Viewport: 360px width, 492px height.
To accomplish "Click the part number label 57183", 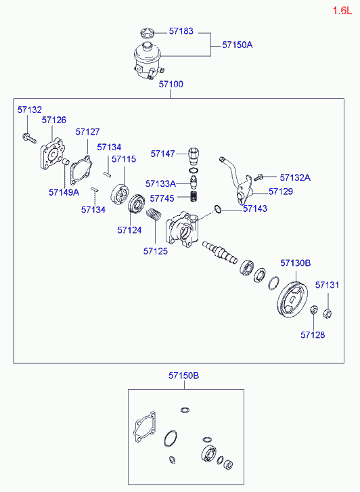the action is (181, 31).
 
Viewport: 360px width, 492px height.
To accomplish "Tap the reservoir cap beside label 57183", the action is (147, 32).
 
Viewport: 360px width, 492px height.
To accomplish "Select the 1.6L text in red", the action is (342, 11).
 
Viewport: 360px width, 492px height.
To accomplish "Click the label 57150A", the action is (238, 45).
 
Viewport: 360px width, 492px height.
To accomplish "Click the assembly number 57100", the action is (171, 84).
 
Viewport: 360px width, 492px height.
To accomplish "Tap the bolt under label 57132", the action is (29, 138).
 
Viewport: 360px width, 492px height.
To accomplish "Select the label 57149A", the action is (64, 192).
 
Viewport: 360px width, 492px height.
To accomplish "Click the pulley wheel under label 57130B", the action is (292, 301).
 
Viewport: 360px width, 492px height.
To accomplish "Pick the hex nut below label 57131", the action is (328, 313).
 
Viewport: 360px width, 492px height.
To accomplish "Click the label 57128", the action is (313, 335).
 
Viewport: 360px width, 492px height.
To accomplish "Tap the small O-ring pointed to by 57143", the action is (217, 208).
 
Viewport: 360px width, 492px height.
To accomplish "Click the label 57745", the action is (162, 198).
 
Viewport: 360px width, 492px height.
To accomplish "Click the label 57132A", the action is (295, 177).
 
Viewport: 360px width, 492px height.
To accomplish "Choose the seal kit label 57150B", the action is (183, 376).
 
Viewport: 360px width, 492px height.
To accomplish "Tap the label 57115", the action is (124, 159).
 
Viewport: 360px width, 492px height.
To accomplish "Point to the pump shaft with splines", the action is (220, 252).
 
